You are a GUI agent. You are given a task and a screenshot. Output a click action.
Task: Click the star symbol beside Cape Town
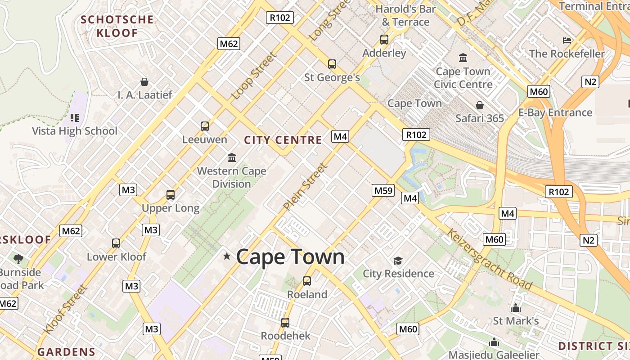point(227,256)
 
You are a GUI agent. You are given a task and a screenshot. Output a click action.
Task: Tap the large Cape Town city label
point(290,257)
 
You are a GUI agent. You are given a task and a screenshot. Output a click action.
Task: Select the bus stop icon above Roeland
point(307,281)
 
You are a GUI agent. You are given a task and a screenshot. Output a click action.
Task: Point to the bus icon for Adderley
point(384,40)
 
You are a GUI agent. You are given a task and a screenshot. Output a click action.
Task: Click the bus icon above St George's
point(332,64)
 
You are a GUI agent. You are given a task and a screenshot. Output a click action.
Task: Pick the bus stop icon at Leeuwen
point(205,126)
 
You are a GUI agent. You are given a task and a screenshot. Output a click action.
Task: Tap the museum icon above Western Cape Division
point(232,157)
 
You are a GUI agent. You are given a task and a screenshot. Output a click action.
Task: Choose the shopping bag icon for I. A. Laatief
point(144,82)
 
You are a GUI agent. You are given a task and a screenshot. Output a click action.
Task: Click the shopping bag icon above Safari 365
point(480,105)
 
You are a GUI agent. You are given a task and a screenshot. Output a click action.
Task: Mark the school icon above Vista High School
point(75,118)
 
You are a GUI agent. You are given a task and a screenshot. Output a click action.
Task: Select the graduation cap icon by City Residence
point(398,261)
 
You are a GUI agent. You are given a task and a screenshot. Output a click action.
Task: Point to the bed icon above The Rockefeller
point(567,40)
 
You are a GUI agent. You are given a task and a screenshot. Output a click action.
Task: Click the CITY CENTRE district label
point(283,140)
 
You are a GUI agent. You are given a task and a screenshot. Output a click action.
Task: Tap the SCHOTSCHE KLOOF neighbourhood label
point(117,26)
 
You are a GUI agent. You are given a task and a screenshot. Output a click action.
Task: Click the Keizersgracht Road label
point(490,259)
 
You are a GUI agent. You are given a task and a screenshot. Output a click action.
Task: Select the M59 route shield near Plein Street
point(383,190)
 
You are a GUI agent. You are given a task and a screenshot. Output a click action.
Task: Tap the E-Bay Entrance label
point(555,112)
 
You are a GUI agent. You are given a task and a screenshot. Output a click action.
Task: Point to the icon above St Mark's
point(516,308)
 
